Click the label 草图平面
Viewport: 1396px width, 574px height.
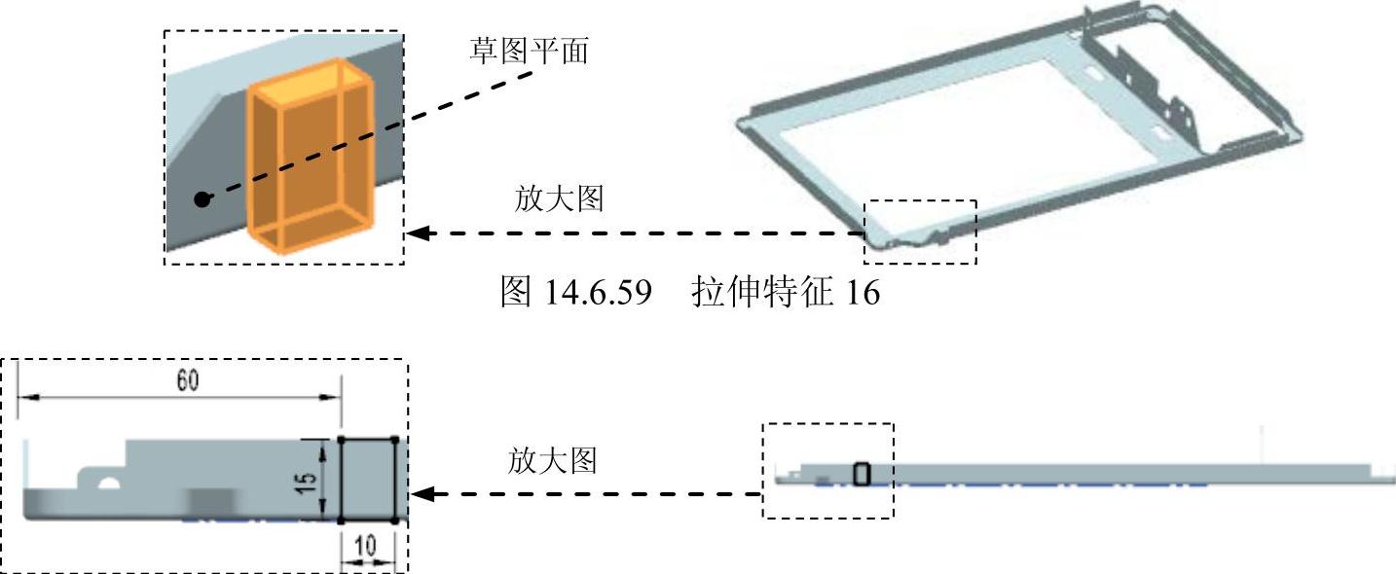(x=529, y=51)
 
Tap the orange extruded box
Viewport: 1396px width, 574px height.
(x=311, y=156)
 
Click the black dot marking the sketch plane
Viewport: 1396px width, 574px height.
(x=202, y=199)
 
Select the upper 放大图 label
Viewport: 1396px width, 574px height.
(x=559, y=199)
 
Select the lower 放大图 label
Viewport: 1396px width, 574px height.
(x=552, y=460)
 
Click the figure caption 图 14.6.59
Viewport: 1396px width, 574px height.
(x=574, y=292)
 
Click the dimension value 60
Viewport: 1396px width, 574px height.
(x=187, y=380)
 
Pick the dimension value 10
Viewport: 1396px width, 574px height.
(x=366, y=547)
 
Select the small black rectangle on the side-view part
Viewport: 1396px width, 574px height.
(x=862, y=474)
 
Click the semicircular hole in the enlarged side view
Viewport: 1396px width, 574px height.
(x=107, y=482)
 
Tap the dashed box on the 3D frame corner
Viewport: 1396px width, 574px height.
(x=920, y=232)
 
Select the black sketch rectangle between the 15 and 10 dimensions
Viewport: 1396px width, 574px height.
(x=367, y=480)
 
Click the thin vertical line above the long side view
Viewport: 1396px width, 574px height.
(x=1262, y=443)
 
